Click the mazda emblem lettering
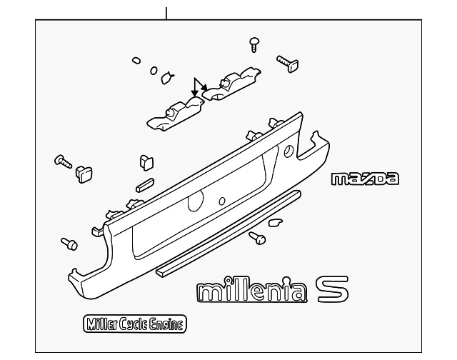pyautogui.click(x=365, y=179)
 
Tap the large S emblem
pyautogui.click(x=333, y=289)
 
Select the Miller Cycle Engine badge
pyautogui.click(x=135, y=324)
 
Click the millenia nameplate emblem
pyautogui.click(x=252, y=289)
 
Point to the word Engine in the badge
pyautogui.click(x=166, y=324)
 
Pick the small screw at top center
pyautogui.click(x=254, y=44)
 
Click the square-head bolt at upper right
pyautogui.click(x=288, y=64)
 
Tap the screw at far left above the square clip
pyautogui.click(x=63, y=161)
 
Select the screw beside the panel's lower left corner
pyautogui.click(x=69, y=244)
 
